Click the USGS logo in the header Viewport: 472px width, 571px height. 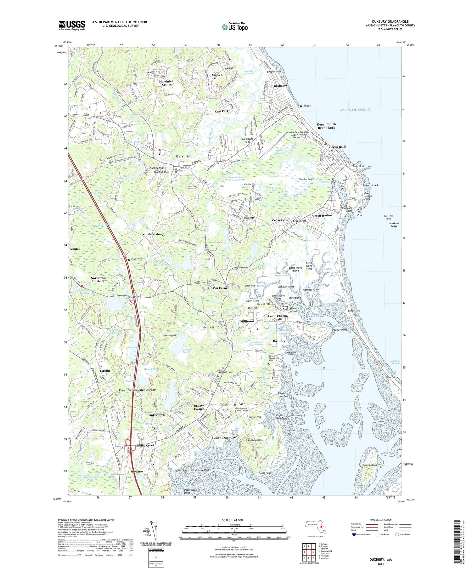72,25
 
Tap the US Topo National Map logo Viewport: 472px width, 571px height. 235,27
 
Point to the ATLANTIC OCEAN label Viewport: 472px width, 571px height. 355,110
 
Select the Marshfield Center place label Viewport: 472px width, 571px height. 166,83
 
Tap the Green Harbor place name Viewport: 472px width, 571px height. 322,215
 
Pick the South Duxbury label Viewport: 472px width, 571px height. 224,438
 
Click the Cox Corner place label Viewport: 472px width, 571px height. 221,288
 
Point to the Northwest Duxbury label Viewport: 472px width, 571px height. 98,279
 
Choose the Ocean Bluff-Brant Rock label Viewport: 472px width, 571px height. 326,126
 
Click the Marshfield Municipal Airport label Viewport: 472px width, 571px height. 299,135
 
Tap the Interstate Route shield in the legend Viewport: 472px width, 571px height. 354,534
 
